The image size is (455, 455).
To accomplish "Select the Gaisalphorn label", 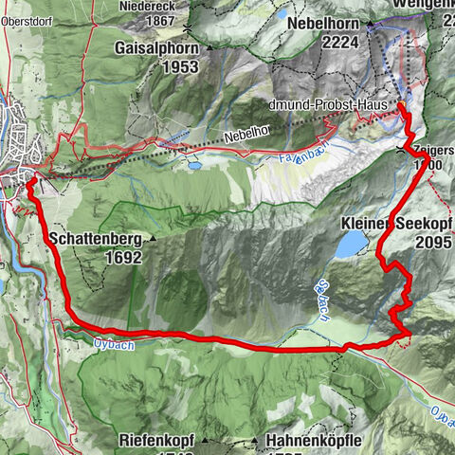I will click(x=157, y=47).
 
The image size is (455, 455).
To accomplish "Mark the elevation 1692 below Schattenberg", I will click(x=98, y=256).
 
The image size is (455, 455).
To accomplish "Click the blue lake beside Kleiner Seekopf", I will click(x=351, y=246).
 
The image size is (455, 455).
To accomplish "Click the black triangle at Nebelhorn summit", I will click(x=371, y=20).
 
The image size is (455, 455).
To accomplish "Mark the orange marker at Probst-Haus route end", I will click(x=399, y=105).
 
